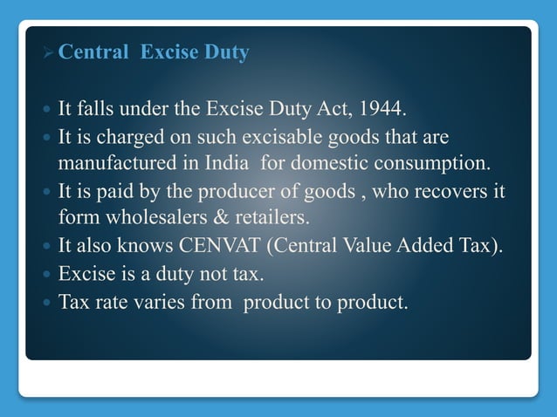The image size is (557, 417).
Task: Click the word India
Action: (223, 162)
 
